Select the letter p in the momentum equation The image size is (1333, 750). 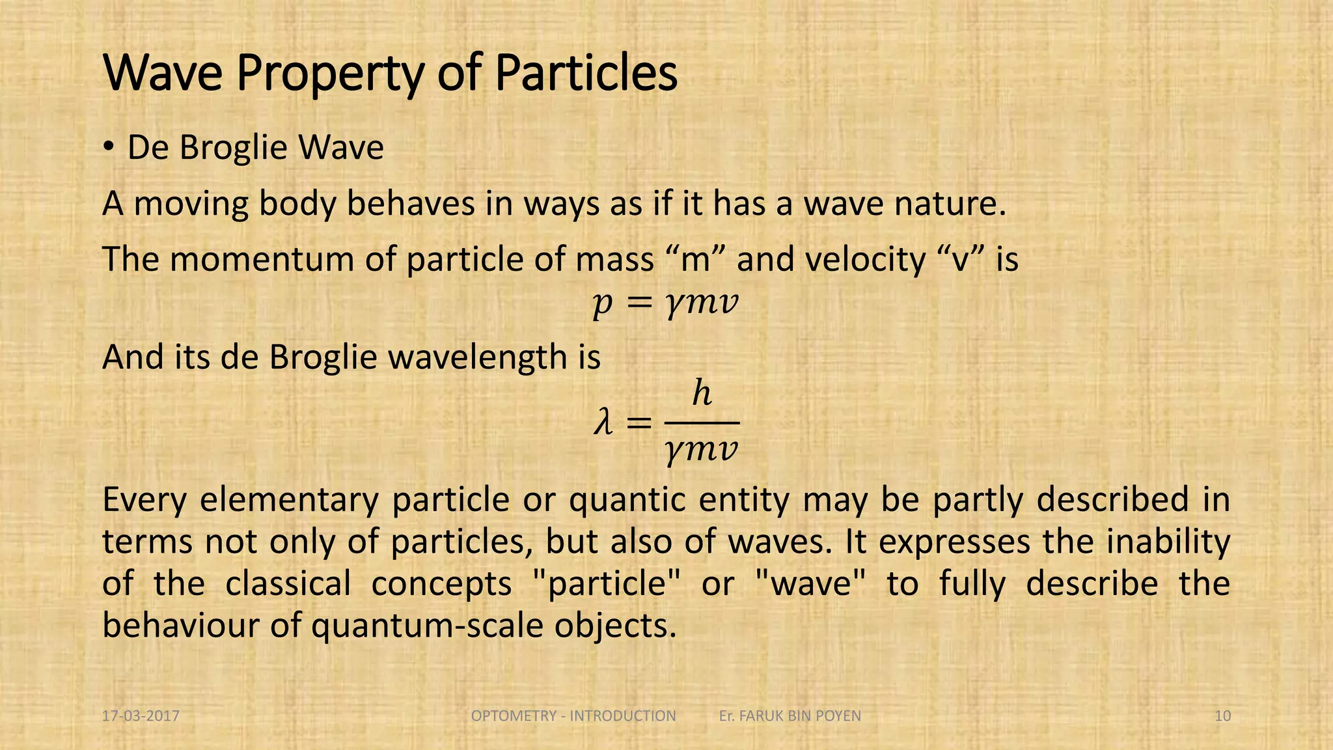coord(602,304)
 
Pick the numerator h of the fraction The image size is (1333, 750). coord(702,393)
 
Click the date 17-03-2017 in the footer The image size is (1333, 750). coord(141,716)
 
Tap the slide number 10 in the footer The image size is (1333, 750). coord(1222,716)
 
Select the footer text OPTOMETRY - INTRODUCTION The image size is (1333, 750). coord(573,716)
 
